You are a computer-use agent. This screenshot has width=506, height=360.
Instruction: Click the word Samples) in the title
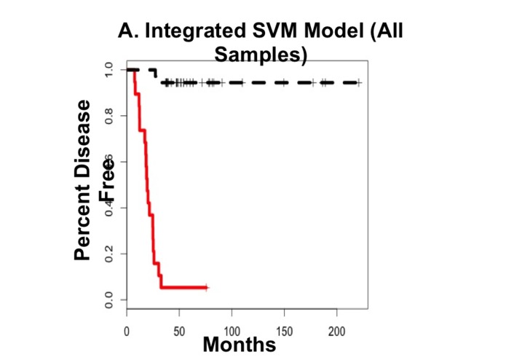(259, 55)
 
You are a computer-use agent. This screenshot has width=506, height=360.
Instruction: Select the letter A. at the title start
(128, 32)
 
